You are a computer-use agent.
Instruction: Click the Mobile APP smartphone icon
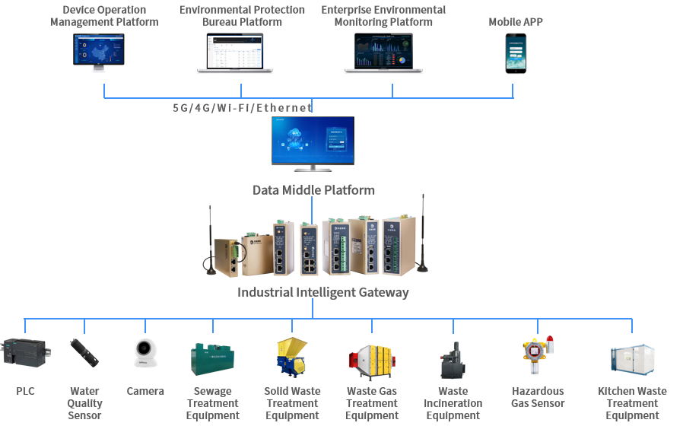point(516,53)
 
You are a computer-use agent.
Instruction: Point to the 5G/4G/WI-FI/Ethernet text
point(243,108)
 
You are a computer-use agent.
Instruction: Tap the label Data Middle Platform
point(313,190)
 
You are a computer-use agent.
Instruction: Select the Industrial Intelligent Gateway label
point(323,292)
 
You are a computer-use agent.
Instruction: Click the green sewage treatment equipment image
point(213,358)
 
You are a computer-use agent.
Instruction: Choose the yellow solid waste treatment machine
point(292,356)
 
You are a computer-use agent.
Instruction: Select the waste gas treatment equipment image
point(372,359)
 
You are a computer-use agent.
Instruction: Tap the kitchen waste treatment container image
point(632,359)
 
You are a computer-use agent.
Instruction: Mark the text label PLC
point(26,391)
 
